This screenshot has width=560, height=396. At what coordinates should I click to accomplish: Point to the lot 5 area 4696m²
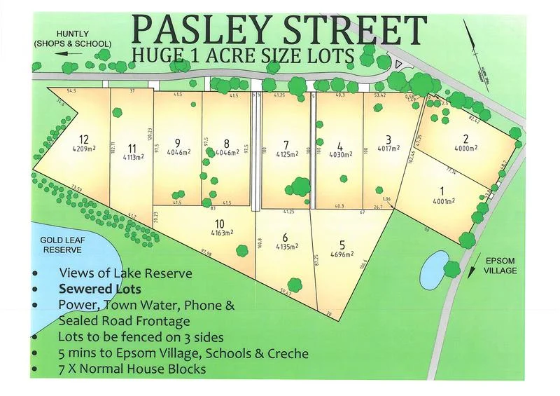click(x=342, y=255)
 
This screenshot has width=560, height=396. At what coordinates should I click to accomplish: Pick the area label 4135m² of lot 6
click(x=284, y=247)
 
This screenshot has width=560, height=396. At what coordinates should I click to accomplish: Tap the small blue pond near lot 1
click(x=436, y=264)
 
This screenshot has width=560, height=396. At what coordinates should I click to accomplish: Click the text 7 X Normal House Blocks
click(x=133, y=369)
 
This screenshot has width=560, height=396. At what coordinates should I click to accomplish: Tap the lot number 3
click(x=388, y=138)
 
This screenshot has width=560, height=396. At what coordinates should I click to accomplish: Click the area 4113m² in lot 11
click(x=132, y=157)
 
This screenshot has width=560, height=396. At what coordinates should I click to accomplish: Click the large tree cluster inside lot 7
click(x=299, y=186)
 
